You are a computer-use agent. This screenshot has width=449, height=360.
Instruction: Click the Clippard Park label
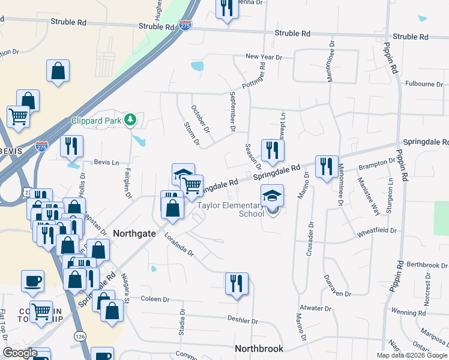[97, 120]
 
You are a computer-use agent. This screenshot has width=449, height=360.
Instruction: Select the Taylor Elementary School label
[231, 209]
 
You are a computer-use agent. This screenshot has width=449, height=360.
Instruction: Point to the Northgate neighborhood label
[134, 233]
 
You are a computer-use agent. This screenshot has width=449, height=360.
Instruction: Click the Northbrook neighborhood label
[259, 348]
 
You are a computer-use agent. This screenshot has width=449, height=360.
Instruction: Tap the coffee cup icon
[32, 280]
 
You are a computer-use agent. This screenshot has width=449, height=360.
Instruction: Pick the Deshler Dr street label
[243, 321]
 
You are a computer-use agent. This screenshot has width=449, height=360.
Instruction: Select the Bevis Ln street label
[106, 163]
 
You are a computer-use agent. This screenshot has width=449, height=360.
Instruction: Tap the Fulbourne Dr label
[423, 84]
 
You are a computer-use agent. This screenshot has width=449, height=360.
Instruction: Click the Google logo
[20, 353]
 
